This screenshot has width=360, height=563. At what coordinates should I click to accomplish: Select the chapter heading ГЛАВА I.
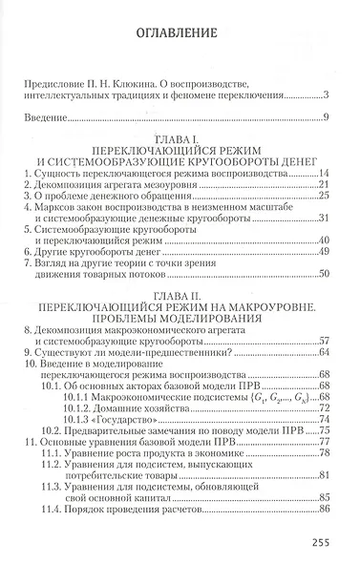179,138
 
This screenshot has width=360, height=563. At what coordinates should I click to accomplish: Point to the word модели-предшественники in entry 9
143,353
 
